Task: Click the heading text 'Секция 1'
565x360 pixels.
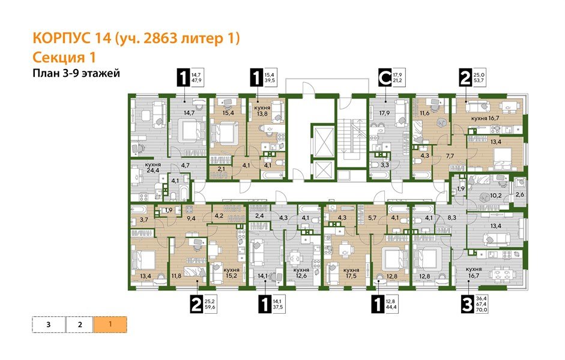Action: pos(64,57)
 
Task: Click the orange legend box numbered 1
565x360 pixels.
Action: pos(110,325)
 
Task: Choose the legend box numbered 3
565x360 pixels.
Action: pos(48,325)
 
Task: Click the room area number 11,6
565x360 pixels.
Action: pos(426,112)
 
